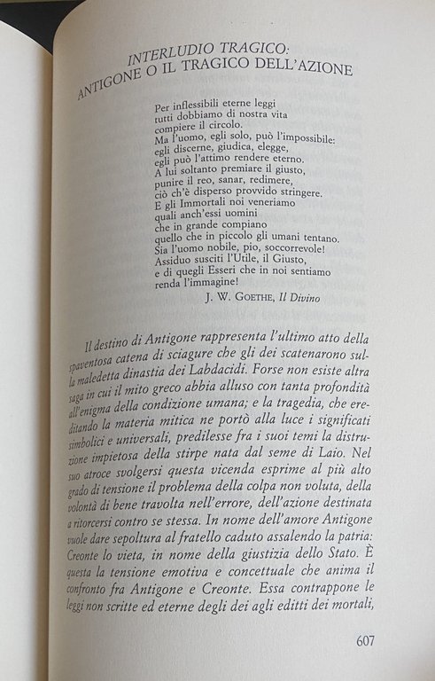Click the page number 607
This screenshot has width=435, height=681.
tap(370, 640)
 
